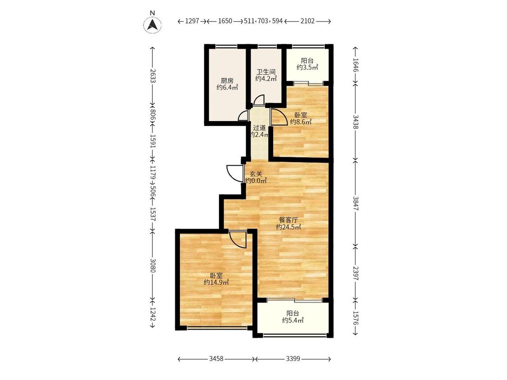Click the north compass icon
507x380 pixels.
point(153,24)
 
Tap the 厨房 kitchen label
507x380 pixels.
point(227,81)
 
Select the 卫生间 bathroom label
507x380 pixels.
point(266,72)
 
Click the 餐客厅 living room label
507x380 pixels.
point(288,220)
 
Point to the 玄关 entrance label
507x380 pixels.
point(256,174)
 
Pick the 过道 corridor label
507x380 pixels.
point(259,127)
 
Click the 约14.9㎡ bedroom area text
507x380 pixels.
point(216,282)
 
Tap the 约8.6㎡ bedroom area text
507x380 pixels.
point(301,122)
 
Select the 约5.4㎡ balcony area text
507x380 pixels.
point(292,320)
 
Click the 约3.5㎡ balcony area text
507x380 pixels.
point(307,67)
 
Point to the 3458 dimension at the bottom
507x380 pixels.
point(216,359)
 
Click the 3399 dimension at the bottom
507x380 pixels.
point(293,359)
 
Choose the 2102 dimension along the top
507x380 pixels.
point(307,21)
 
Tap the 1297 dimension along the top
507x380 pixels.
point(192,21)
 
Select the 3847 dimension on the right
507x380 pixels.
point(356,204)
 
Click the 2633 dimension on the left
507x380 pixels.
point(153,76)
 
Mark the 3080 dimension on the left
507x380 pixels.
point(153,265)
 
